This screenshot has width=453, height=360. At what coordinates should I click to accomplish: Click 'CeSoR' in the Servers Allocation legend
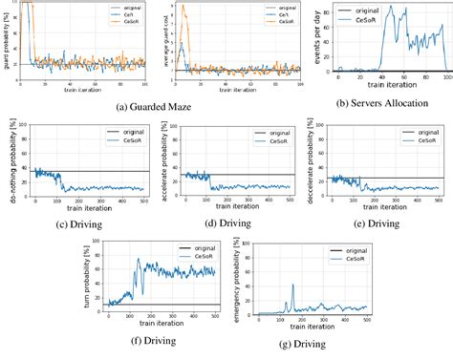click(x=422, y=22)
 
